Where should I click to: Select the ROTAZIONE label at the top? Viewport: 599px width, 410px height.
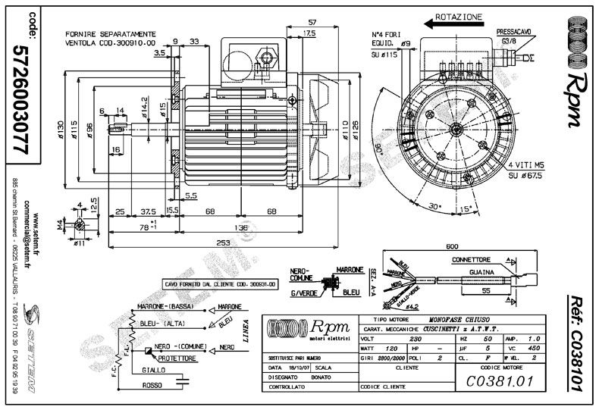pos(459,17)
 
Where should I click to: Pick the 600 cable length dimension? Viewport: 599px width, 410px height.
pos(452,246)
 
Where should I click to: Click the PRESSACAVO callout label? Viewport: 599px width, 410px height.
pos(513,31)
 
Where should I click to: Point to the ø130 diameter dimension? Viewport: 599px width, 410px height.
pos(61,130)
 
